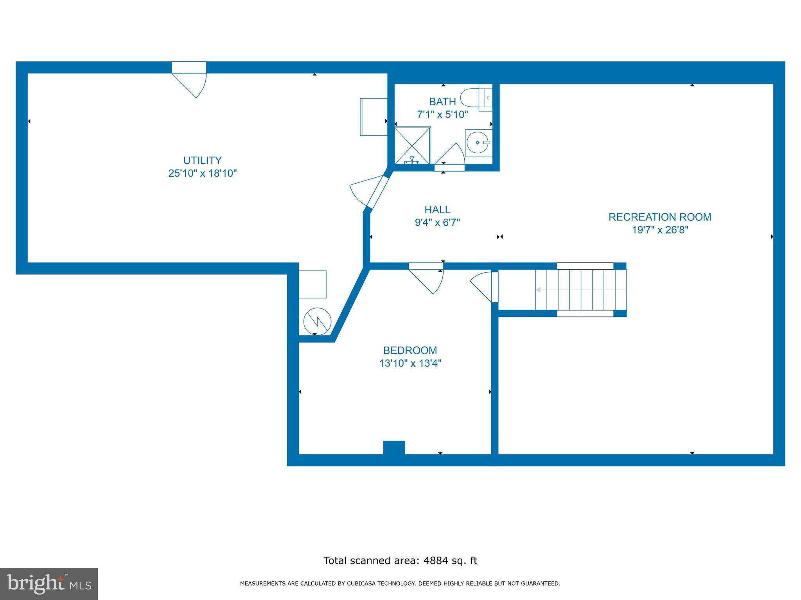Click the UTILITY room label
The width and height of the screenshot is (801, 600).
coord(202,161)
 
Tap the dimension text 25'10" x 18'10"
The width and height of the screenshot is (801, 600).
coord(202,173)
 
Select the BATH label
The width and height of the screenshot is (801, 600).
coord(442,102)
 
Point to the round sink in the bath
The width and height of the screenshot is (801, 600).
coord(478,143)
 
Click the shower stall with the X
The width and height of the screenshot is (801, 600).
coord(412,146)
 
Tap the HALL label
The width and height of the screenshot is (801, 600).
coord(437,210)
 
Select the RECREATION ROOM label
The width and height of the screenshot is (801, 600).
coord(659,217)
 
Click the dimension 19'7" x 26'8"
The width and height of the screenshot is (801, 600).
coord(659,230)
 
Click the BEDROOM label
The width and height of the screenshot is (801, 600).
coord(410,350)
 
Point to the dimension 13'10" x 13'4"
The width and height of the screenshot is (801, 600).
coord(410,364)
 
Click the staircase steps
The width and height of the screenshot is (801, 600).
coord(581,289)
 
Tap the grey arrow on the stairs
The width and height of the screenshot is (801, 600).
coord(539,290)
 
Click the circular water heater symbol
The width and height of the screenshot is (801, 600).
coord(317,321)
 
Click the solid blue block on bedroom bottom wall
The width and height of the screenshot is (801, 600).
coord(393,448)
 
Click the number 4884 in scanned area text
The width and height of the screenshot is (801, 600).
coord(435,561)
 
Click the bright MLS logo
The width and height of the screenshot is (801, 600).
coord(49,584)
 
